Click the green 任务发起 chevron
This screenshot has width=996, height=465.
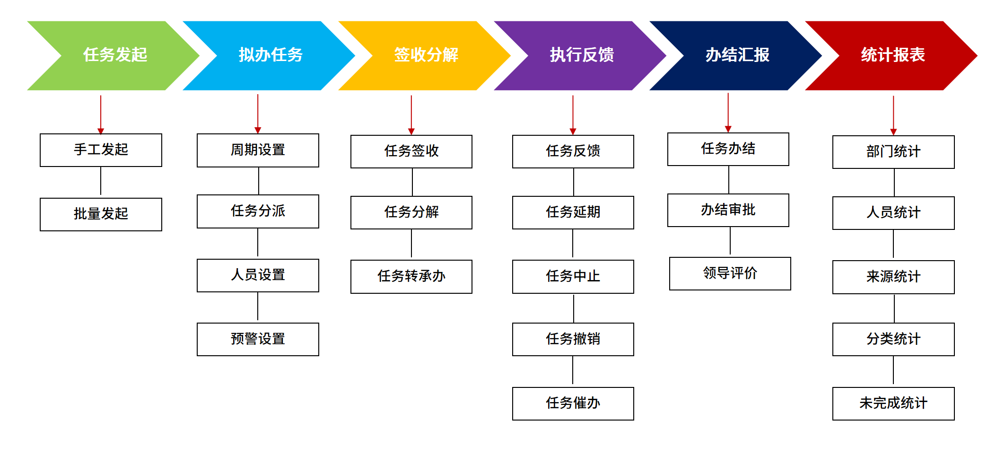115,55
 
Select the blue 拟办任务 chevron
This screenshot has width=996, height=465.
271,55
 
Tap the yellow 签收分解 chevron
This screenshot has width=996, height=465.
426,55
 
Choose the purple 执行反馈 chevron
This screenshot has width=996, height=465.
582,55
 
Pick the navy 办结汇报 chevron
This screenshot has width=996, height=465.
737,55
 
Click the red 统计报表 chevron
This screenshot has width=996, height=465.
893,55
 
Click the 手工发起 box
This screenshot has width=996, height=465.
101,150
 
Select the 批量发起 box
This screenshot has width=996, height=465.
101,214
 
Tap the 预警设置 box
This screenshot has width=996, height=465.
258,339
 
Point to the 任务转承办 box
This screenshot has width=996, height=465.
411,276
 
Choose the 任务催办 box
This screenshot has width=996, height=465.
573,403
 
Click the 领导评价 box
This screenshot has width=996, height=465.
730,273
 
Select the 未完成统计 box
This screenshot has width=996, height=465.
893,403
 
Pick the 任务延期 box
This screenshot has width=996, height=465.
573,212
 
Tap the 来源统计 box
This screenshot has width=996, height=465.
893,277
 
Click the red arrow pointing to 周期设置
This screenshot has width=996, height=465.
258,114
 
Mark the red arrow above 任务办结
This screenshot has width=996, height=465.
728,112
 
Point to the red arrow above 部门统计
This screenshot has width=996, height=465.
893,115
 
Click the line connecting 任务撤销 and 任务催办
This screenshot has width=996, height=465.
573,371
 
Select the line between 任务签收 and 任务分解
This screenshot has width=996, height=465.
412,182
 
